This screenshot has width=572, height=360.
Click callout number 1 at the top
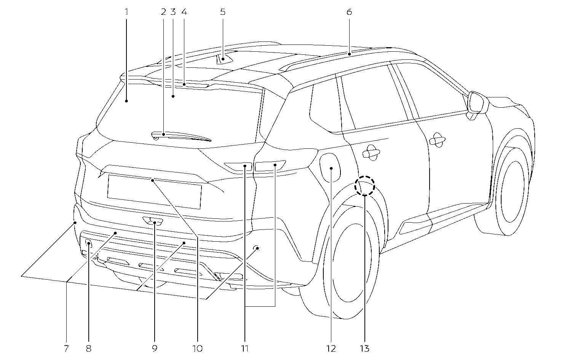[126, 12]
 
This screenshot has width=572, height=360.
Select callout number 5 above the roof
[223, 12]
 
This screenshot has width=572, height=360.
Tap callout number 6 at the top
[349, 12]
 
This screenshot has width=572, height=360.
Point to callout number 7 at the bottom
[66, 348]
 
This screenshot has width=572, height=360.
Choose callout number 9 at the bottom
[154, 348]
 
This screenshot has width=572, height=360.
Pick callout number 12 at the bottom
[331, 348]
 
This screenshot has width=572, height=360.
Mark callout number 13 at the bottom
[364, 348]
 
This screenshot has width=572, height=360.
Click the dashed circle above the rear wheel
[365, 186]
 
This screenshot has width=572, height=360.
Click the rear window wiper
[181, 136]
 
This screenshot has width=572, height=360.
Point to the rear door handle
[371, 153]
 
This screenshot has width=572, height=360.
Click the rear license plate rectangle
[154, 191]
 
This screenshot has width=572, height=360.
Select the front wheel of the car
[512, 192]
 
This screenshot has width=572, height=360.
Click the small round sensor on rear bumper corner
[257, 248]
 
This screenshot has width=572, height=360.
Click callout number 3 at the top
[173, 12]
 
